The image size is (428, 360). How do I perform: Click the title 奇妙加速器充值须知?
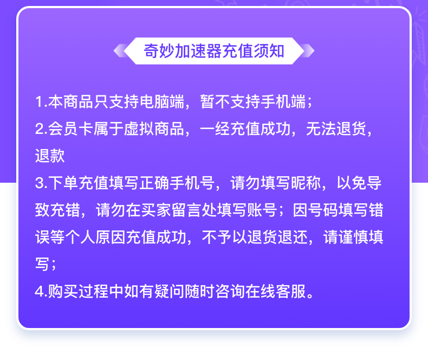point(214,51)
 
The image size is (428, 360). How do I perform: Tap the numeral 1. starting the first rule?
point(42,101)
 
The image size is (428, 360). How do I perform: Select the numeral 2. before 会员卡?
point(42,129)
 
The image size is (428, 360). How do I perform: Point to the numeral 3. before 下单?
point(42,183)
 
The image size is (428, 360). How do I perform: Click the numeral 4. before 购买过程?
point(42,292)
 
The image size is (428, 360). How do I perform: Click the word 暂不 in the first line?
point(216,101)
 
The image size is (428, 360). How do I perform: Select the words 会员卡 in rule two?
point(71,129)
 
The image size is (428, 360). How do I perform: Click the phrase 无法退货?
point(336,129)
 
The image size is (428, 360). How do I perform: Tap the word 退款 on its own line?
point(50,156)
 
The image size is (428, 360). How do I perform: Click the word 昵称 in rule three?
point(306,183)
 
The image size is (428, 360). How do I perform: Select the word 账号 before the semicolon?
point(262,210)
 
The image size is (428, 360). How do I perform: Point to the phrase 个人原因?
point(95,237)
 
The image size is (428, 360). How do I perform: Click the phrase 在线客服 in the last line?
point(276,292)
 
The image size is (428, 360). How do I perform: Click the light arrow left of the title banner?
point(121,51)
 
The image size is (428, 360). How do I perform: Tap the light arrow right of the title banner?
point(307,51)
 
